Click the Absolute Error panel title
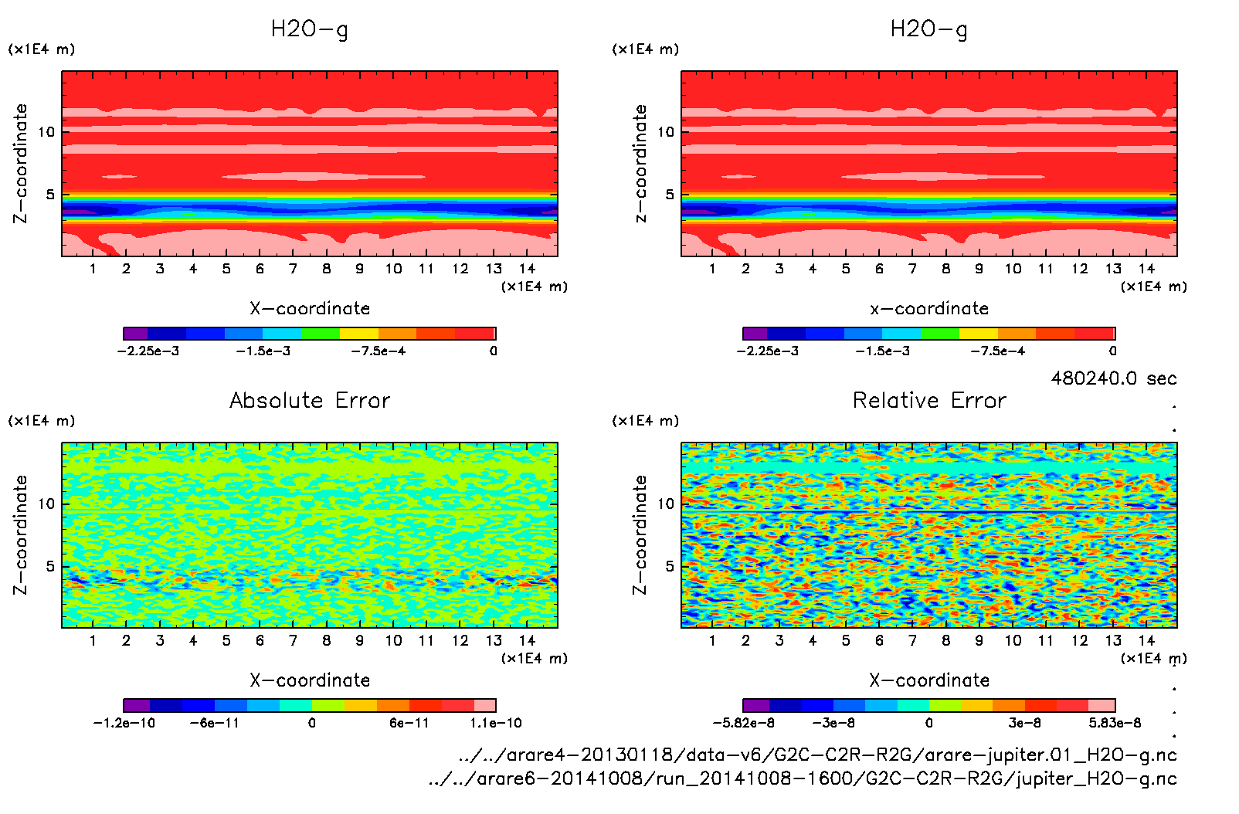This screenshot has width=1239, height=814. coord(310,400)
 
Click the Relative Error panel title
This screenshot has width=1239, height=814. coord(929,400)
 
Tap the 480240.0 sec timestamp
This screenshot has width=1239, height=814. coord(1113,378)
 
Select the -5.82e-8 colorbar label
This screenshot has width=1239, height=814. coord(743,723)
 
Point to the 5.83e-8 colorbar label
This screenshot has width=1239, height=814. coord(1115,723)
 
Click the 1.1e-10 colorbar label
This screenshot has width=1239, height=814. coord(496,723)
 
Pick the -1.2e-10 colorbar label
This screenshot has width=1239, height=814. coord(124,723)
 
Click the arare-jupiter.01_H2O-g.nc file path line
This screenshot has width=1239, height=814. coord(817,755)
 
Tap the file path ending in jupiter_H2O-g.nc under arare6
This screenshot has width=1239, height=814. coord(803,778)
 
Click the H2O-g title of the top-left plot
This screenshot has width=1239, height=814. coord(309,29)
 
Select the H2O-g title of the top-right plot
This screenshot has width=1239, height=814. coord(928,29)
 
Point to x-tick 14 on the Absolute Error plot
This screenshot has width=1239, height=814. coord(527,640)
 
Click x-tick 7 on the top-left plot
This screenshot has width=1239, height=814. coord(293,269)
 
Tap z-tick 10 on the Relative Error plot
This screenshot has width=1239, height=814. coord(666,504)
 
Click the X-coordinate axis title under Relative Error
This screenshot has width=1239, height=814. coord(929,680)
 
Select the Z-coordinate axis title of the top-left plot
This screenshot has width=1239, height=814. coord(21,164)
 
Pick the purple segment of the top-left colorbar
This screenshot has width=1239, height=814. coord(135,334)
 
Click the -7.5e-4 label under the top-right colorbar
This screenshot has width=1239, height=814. coord(998,351)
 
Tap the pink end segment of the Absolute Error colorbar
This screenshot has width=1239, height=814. coord(484,705)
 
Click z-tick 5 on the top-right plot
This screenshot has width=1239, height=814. coord(670,195)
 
